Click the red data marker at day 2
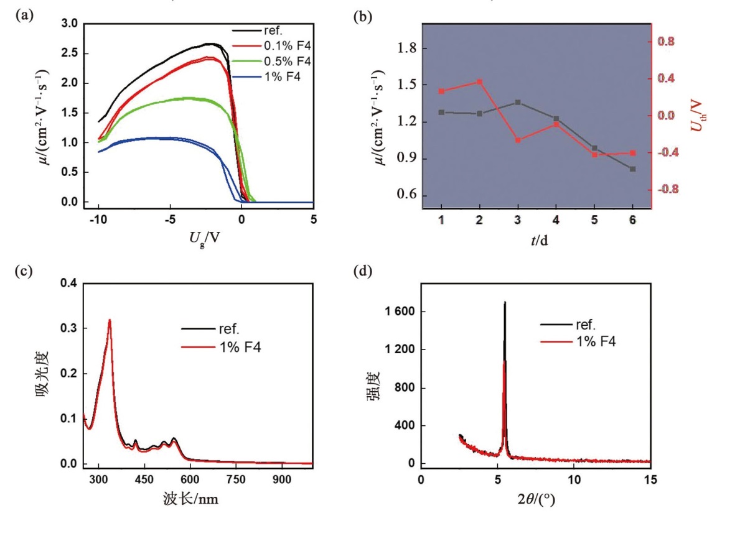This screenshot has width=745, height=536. [480, 81]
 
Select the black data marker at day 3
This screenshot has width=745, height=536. [518, 102]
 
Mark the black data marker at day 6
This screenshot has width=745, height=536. [632, 169]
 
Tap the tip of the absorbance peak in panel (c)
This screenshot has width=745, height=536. [110, 320]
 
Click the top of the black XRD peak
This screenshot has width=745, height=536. [505, 302]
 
